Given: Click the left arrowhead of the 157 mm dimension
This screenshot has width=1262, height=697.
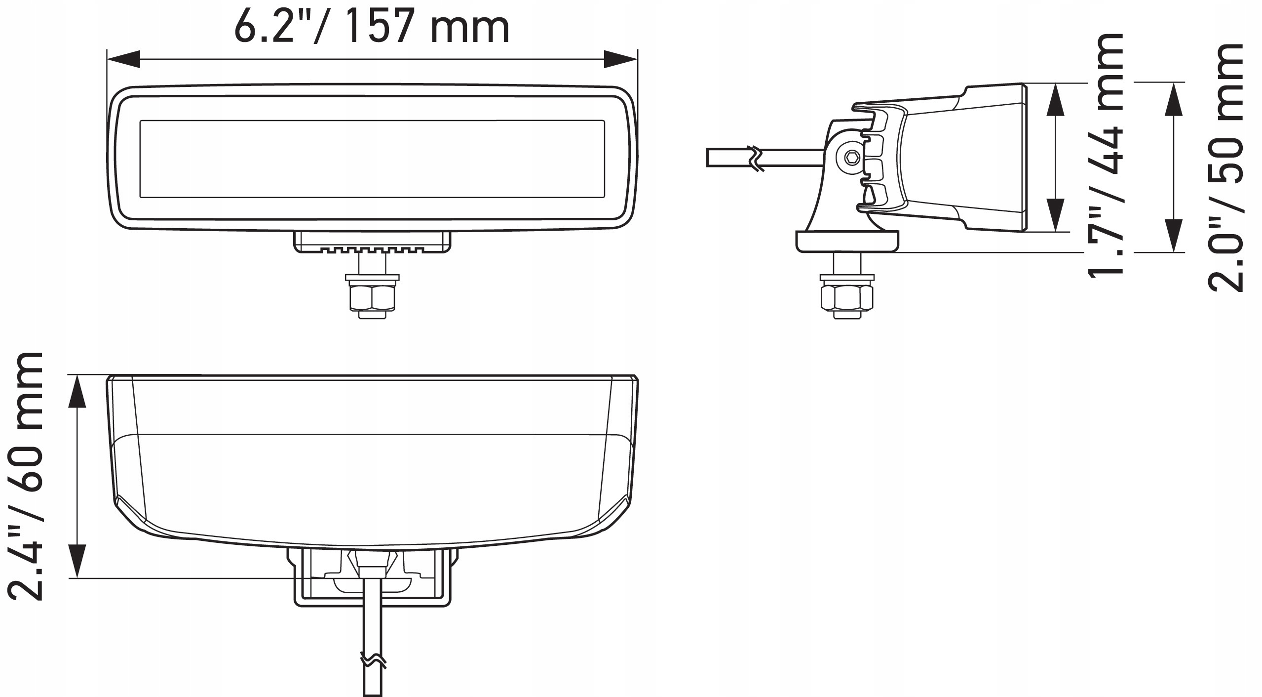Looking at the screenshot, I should click(123, 59).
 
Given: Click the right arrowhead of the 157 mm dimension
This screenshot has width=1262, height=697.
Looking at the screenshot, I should click(621, 59).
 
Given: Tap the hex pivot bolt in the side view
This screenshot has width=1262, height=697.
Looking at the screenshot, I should click(852, 159).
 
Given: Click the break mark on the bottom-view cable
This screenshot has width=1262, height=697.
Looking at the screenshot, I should click(373, 660).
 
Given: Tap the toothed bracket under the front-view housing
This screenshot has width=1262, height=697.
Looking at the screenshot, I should click(372, 243).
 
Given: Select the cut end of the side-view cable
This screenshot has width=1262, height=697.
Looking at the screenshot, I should click(709, 158).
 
